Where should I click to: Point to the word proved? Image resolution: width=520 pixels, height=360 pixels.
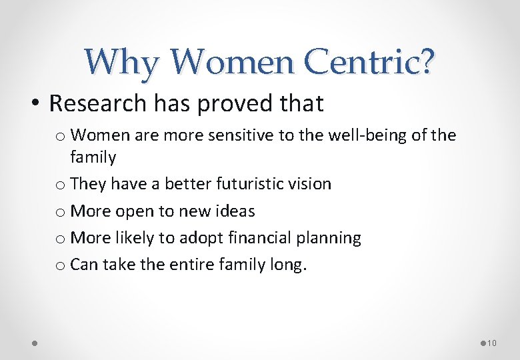click(x=229, y=105)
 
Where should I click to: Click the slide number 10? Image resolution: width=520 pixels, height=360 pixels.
click(x=492, y=343)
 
